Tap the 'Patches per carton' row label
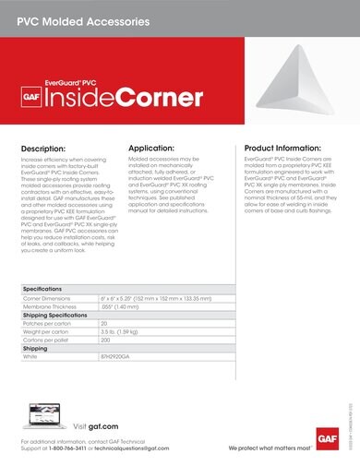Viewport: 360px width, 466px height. click(49, 324)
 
